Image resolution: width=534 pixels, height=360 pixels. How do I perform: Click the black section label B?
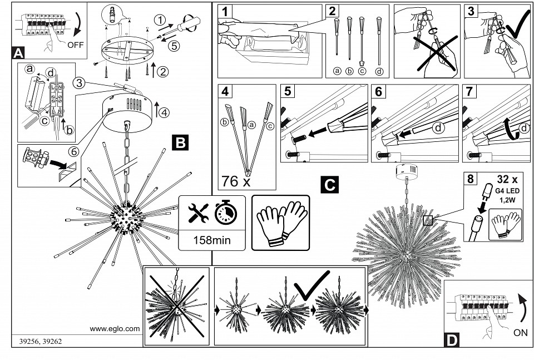(180, 143)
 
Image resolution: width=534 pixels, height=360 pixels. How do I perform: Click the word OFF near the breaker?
(75, 46)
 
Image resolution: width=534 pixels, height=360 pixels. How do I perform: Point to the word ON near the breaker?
(521, 333)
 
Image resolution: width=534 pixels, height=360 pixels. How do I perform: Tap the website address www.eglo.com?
(115, 329)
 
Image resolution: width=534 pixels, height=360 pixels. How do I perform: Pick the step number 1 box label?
(225, 11)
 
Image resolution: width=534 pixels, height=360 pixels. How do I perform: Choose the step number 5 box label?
(287, 91)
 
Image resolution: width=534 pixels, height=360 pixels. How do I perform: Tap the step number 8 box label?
(471, 179)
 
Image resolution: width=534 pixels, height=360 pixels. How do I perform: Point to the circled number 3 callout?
(80, 83)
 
